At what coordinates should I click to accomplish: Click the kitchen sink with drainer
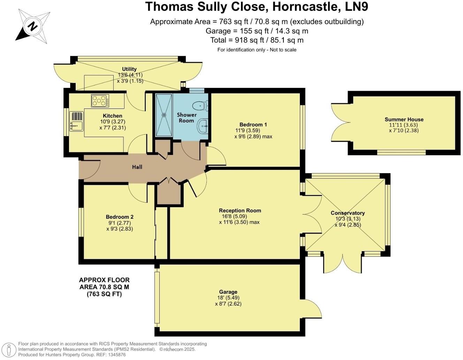pos(76,121)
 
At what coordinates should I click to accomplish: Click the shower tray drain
pos(164,115)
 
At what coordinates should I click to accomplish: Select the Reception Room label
pos(240,210)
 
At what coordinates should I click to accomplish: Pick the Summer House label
pos(404,119)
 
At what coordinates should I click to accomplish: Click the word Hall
pos(137,167)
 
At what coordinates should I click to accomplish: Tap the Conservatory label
pos(348,213)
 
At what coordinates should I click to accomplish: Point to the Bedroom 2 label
pos(120,217)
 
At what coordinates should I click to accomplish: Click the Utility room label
pos(129,69)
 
